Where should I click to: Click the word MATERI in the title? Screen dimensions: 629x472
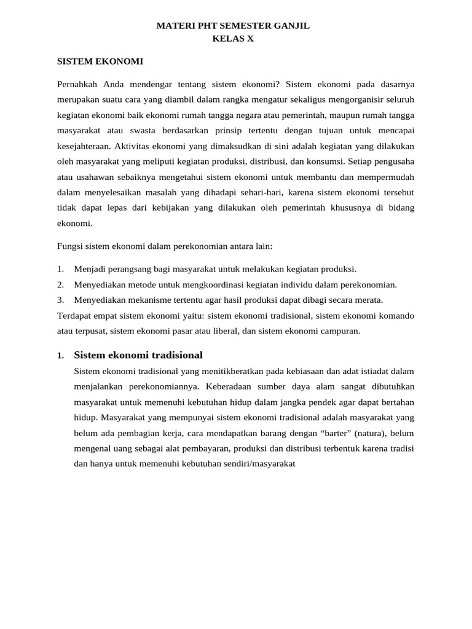(175, 26)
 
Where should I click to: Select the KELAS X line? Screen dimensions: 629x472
(232, 39)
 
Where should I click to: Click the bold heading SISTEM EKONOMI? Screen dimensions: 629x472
(100, 61)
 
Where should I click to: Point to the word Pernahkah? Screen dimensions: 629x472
(77, 84)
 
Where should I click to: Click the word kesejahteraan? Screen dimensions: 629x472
(84, 146)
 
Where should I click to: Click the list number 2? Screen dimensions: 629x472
(60, 284)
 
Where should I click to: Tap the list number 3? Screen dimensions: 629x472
(60, 300)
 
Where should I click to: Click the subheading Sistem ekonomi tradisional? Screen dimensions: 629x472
(138, 355)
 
